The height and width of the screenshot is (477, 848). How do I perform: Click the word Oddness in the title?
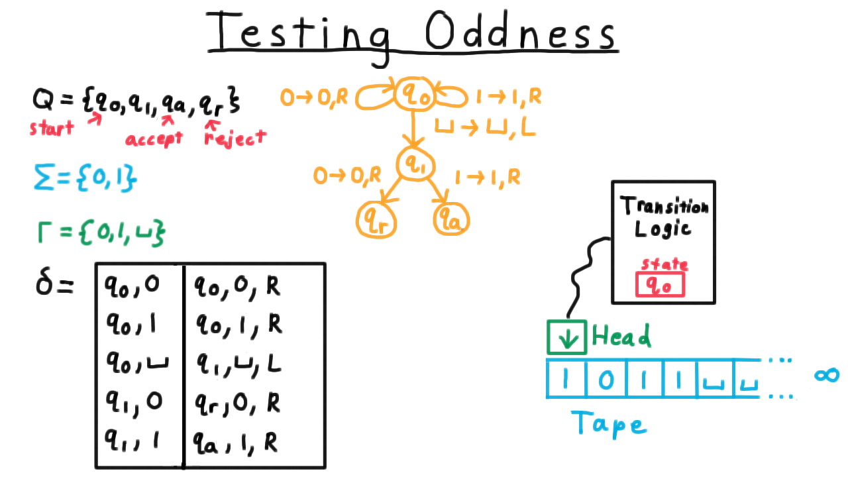click(521, 30)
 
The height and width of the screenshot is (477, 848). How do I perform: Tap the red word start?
click(52, 128)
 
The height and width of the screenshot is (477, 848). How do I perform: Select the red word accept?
click(154, 139)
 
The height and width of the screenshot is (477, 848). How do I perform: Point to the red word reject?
click(235, 138)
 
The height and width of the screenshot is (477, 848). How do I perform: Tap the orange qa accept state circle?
click(435, 219)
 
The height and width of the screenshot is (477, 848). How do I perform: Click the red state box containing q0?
click(637, 285)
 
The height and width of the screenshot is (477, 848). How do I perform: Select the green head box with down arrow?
click(548, 337)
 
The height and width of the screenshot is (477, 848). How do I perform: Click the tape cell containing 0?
click(606, 378)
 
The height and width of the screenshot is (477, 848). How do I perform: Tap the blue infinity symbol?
click(827, 375)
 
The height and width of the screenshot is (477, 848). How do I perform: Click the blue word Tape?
click(609, 424)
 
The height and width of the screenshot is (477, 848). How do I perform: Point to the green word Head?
click(621, 335)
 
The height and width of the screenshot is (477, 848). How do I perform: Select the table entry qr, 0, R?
click(237, 403)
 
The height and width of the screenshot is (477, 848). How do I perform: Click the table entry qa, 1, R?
click(235, 443)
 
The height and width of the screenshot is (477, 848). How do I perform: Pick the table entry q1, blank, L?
click(239, 364)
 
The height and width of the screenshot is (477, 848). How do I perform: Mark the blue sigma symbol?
click(44, 176)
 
